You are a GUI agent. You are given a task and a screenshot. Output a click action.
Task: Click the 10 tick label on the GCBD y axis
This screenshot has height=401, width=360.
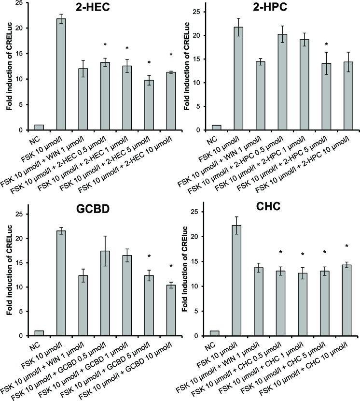pos(19,287)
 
